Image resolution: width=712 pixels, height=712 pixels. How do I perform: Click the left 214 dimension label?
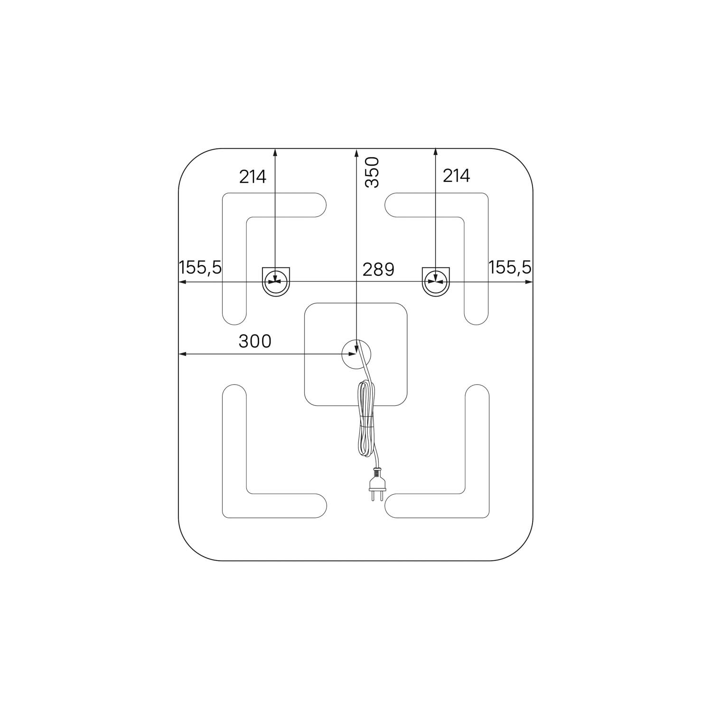[x=253, y=177]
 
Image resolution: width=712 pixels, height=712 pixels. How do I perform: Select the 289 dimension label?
[x=378, y=269]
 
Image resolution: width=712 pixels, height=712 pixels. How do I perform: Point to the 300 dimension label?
[x=255, y=341]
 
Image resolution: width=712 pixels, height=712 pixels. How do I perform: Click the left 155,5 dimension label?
[x=200, y=267]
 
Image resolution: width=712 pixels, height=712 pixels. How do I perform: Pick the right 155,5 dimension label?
[x=510, y=267]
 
